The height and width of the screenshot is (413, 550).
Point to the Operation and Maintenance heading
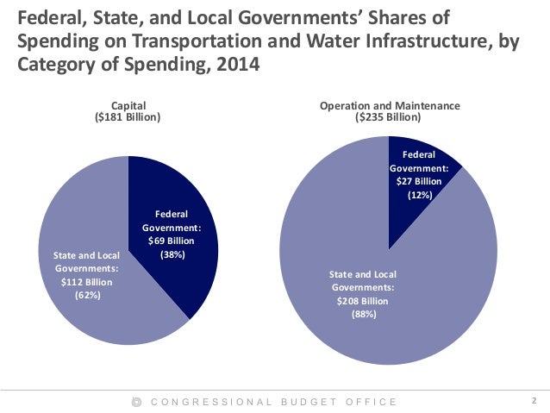pos(390,105)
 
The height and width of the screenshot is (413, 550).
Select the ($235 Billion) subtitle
pos(390,116)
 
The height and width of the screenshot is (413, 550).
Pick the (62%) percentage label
pos(88,295)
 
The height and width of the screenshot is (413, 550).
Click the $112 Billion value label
pos(88,282)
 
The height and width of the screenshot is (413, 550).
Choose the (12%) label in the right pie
pos(419,196)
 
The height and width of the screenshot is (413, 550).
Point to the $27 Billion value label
pos(419,182)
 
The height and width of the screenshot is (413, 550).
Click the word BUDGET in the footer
pos(309,402)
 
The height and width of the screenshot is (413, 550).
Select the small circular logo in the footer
pos(136,402)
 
